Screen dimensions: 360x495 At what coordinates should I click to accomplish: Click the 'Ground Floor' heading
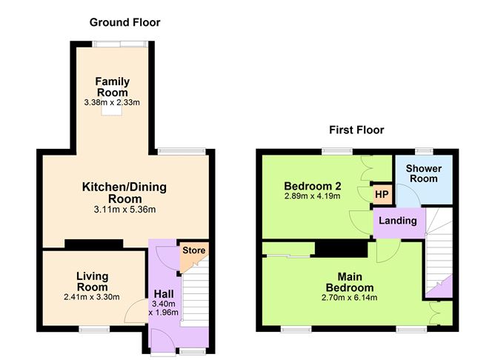click(124, 22)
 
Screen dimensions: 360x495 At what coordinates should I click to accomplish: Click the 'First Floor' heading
click(356, 130)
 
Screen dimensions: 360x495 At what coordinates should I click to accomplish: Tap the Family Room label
click(112, 87)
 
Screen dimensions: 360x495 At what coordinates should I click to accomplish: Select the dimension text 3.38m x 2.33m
click(112, 103)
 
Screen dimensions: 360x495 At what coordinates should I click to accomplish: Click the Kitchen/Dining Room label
click(124, 193)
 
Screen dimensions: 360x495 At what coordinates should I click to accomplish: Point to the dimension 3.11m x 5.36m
click(124, 210)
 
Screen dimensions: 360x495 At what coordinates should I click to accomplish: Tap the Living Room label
click(92, 281)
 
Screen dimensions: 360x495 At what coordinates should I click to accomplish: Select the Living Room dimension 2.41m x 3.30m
click(92, 298)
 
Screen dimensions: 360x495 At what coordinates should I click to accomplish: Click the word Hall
click(164, 293)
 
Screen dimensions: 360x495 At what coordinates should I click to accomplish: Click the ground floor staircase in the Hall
click(194, 296)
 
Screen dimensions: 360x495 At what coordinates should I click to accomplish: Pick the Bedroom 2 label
click(311, 185)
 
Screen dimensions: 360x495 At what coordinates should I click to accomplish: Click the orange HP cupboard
click(382, 195)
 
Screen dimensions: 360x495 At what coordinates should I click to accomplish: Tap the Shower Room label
click(424, 173)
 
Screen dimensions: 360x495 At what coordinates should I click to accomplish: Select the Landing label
click(399, 221)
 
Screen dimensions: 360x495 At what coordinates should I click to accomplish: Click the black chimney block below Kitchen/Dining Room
click(93, 243)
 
